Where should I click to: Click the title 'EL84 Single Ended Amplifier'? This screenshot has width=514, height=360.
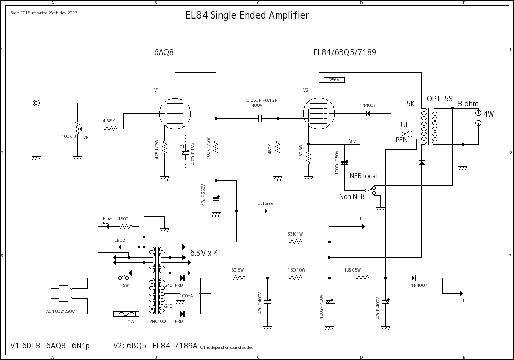(x=247, y=15)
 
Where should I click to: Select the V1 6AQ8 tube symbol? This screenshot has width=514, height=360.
(x=175, y=113)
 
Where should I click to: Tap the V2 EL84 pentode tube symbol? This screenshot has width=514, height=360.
(x=318, y=113)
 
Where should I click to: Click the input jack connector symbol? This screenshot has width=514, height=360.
(x=36, y=103)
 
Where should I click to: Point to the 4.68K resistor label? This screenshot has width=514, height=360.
(x=108, y=121)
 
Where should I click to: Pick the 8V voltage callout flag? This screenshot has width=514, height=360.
(x=354, y=141)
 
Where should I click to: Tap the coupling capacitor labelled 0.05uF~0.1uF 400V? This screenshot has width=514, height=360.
(x=260, y=119)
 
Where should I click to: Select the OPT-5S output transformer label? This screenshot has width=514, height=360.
(x=439, y=99)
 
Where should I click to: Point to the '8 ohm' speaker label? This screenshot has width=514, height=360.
(x=468, y=104)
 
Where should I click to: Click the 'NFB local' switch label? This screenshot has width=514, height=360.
(x=363, y=176)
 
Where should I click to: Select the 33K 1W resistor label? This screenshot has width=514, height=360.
(x=296, y=234)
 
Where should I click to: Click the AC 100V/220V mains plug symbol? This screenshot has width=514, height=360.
(x=66, y=293)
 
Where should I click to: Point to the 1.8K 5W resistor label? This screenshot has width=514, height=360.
(x=353, y=270)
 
